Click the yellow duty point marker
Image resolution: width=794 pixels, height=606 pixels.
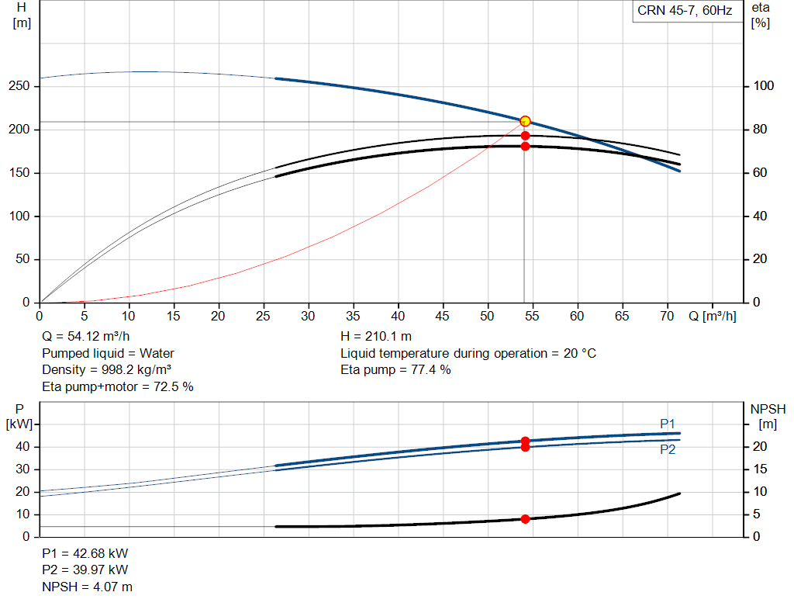tap(525, 121)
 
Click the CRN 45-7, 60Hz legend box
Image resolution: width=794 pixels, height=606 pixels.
tap(687, 11)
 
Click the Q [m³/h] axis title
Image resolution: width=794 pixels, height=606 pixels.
tap(712, 316)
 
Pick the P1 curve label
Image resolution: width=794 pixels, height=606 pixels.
tap(668, 424)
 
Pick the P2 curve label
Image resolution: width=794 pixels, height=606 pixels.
tap(668, 449)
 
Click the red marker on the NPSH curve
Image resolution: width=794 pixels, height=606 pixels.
tap(525, 519)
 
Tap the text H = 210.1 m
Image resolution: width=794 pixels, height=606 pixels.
tap(376, 337)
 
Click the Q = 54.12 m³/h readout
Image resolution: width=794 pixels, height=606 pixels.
tap(85, 337)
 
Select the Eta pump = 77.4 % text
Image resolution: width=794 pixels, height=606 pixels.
tap(395, 370)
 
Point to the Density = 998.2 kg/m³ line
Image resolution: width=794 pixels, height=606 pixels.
tap(106, 370)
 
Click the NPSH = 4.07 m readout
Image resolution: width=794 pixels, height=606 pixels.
tap(87, 587)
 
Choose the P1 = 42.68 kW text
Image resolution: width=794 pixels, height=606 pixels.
tap(85, 553)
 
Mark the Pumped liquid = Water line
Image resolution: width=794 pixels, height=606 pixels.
tap(108, 353)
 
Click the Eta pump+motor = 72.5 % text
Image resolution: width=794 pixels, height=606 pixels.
tap(118, 386)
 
